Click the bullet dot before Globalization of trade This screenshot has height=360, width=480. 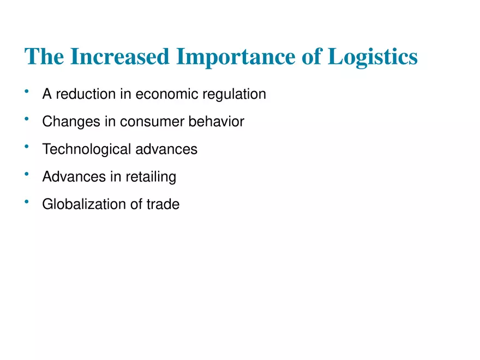coord(26,202)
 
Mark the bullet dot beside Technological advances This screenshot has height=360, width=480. coord(26,146)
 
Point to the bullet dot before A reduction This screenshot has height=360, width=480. coord(26,92)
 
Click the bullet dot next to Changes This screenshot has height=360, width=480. coord(26,119)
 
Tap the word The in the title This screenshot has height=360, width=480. coord(43,57)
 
